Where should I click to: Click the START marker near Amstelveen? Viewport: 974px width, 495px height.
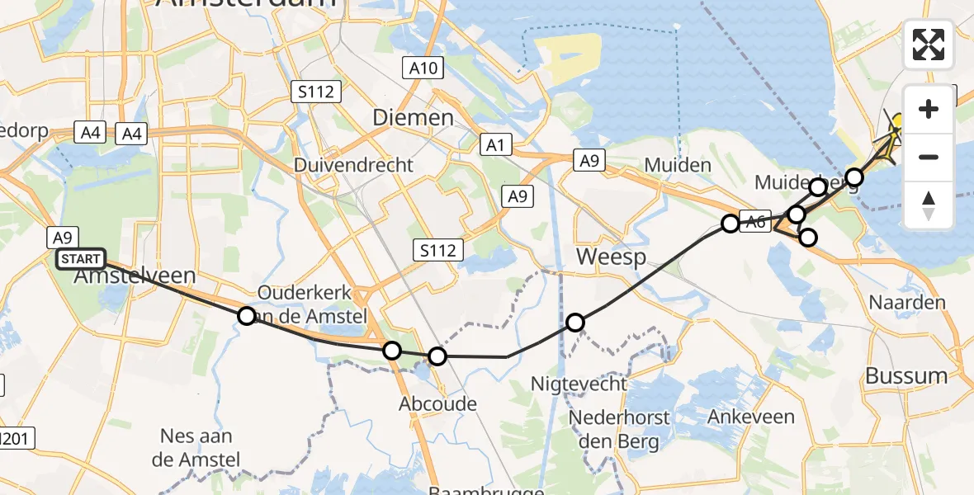[x=81, y=259]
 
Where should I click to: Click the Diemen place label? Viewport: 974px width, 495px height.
[x=413, y=117]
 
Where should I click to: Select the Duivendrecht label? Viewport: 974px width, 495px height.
[x=354, y=164]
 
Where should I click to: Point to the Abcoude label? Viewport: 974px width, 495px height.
[x=438, y=403]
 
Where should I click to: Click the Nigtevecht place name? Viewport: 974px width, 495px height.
[x=579, y=384]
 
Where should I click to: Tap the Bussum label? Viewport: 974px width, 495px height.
[x=906, y=376]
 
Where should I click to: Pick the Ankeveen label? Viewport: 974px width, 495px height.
[x=751, y=417]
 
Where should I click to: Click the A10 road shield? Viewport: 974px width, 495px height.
[x=423, y=68]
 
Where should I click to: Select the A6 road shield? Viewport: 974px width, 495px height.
[x=758, y=219]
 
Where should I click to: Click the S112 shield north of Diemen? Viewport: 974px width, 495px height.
[x=317, y=91]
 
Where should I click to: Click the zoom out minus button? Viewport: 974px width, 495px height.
[x=929, y=157]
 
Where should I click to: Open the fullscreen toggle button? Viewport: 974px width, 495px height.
[x=929, y=45]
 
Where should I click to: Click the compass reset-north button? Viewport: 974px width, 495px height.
[x=929, y=205]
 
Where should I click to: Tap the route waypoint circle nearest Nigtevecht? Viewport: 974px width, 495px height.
[x=575, y=322]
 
